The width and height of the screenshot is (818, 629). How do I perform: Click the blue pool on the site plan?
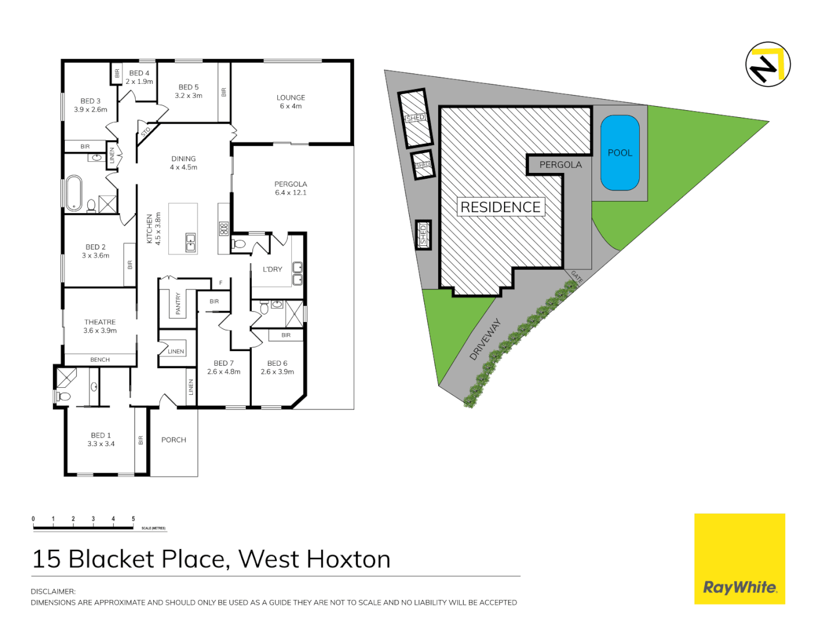(x=620, y=153)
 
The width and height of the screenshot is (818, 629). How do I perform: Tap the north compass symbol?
(x=768, y=65)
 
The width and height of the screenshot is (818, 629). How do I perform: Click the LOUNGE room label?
(x=291, y=98)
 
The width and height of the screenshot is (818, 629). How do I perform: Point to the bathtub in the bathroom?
(x=74, y=192)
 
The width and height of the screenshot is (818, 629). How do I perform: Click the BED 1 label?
(x=101, y=435)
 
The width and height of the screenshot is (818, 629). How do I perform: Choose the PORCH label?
(x=174, y=440)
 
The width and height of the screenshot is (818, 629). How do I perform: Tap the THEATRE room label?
(x=100, y=322)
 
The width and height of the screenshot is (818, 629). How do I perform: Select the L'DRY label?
(x=272, y=269)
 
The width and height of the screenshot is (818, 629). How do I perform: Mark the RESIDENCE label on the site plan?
(x=500, y=207)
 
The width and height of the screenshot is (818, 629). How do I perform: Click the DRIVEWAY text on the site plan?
(x=485, y=339)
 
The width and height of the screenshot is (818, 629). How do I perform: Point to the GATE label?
(x=577, y=277)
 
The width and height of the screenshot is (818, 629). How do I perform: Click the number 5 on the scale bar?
(x=133, y=518)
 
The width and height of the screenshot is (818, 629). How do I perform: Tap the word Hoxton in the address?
(x=348, y=559)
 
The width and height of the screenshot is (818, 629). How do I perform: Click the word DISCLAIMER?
(x=53, y=591)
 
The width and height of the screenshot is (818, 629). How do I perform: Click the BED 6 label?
(x=277, y=363)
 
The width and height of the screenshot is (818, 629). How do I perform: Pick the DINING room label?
(x=184, y=158)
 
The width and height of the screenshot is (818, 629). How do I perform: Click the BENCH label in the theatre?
(x=100, y=360)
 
